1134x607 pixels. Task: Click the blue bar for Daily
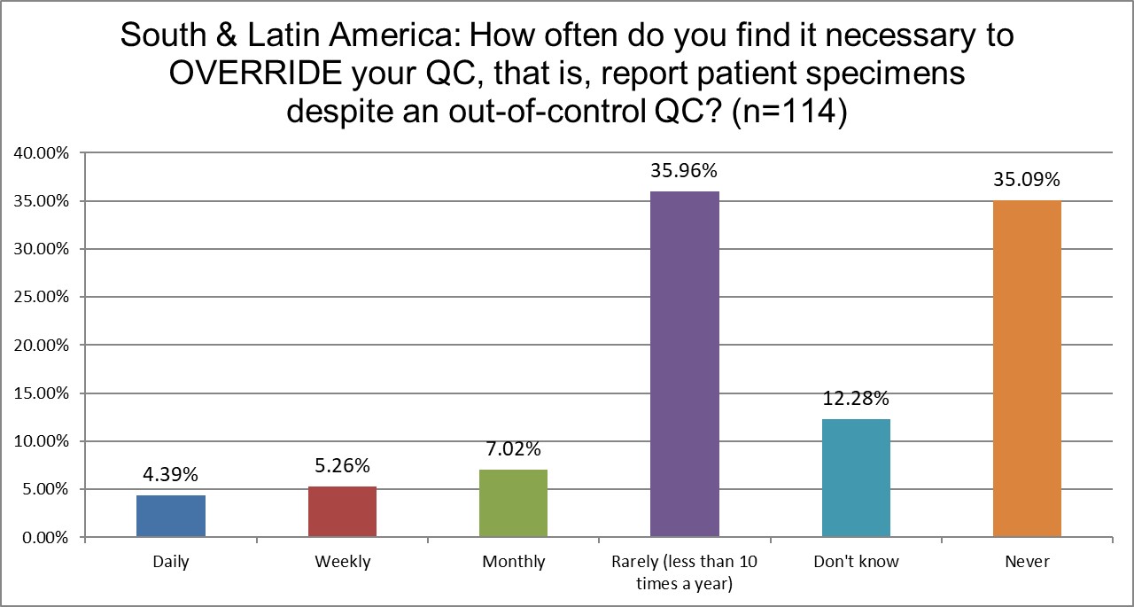pos(171,516)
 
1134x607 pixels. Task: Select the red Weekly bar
pos(342,511)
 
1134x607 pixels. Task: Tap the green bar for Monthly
pos(513,503)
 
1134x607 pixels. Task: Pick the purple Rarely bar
pos(685,364)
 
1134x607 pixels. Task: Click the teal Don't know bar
pos(856,478)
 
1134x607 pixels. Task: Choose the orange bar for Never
pos(1027,369)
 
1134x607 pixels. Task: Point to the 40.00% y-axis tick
pos(41,153)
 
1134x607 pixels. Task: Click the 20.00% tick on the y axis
pos(41,346)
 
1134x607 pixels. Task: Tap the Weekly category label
pos(342,562)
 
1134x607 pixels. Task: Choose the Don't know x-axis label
pos(856,562)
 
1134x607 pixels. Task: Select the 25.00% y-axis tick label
pos(41,298)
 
